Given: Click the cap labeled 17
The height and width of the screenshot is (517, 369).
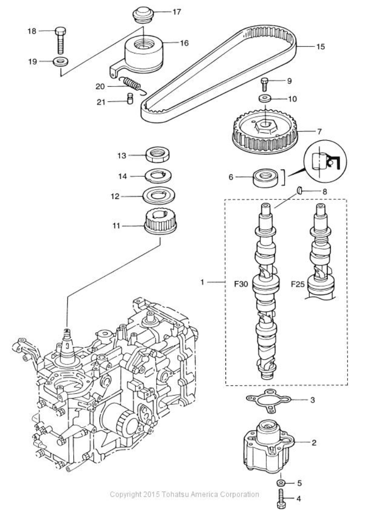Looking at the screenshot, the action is click(x=143, y=15).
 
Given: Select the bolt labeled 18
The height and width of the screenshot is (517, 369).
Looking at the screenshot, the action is click(x=60, y=40).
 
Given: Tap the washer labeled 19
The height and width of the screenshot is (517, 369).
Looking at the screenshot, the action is click(x=61, y=62).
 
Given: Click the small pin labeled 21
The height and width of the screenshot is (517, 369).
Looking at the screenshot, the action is click(x=130, y=99).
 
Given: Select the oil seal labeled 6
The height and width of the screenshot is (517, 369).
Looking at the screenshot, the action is click(x=266, y=178).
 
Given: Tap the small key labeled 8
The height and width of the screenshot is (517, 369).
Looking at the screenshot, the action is click(x=300, y=190).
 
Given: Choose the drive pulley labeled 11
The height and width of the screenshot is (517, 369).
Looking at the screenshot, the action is click(x=160, y=222).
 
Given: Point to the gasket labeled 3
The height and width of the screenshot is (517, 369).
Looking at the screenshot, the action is click(x=269, y=400).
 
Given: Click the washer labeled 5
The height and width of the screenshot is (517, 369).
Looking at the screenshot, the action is click(x=281, y=483).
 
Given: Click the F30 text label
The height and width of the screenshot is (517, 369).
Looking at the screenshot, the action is click(x=241, y=284).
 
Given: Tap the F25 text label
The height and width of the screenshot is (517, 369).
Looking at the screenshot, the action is click(x=298, y=284).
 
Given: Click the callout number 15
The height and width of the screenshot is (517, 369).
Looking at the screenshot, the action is click(x=321, y=47).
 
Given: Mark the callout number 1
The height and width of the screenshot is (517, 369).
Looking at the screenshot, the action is click(x=202, y=282).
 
